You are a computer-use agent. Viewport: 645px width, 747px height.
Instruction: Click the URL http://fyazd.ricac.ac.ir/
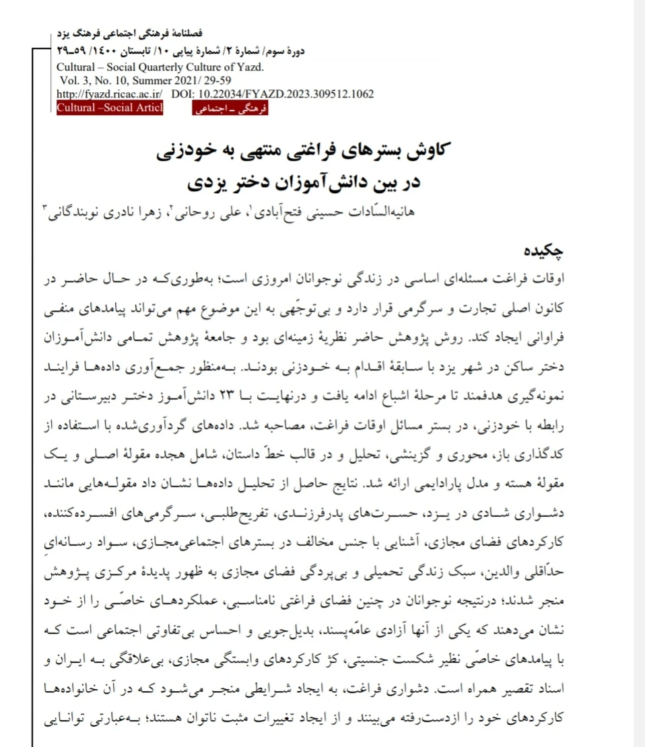(x=108, y=94)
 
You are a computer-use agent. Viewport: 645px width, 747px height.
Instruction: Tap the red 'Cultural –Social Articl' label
(x=110, y=108)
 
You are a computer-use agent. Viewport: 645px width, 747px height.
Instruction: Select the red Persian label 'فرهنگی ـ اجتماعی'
(x=230, y=109)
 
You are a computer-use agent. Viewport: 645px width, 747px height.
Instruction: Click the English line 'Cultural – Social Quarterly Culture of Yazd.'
(x=160, y=68)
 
